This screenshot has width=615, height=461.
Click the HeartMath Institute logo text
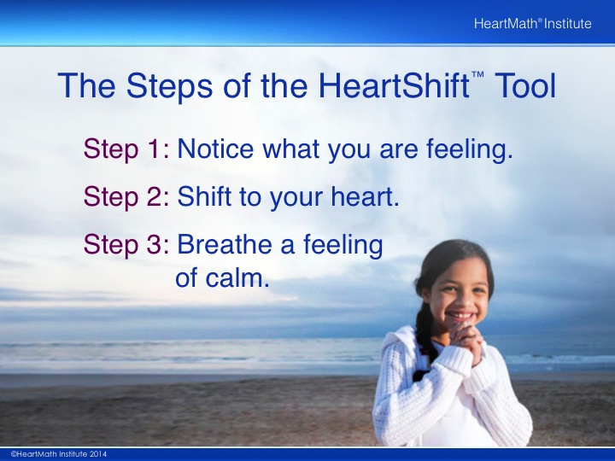(532, 24)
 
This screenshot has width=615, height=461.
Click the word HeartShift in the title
(394, 85)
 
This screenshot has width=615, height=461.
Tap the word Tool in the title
(525, 85)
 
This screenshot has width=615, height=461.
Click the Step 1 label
(126, 149)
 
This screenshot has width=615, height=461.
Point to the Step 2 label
(126, 197)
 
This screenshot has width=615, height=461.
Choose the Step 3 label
(126, 245)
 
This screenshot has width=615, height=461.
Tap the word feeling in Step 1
(470, 150)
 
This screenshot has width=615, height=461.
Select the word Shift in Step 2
(204, 196)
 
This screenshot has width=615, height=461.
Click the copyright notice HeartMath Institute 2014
(59, 454)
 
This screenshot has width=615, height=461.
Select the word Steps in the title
(169, 87)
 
